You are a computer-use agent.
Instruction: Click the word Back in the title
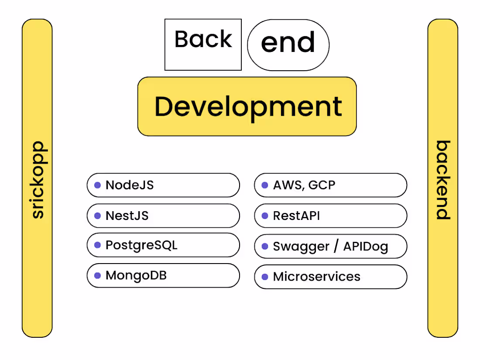[203, 40]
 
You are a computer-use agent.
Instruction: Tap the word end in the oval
[288, 43]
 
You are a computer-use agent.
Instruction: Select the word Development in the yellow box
[248, 106]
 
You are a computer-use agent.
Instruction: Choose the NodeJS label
[130, 185]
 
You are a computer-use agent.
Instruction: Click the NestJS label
[127, 216]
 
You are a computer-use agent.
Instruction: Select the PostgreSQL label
[141, 245]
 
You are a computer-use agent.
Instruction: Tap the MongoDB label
[136, 275]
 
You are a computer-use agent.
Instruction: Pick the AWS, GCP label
[304, 185]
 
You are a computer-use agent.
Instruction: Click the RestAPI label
[296, 216]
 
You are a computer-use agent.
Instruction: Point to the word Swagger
[301, 247]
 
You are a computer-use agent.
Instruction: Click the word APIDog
[365, 247]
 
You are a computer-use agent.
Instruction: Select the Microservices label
[317, 277]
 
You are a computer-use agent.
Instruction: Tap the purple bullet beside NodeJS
[97, 185]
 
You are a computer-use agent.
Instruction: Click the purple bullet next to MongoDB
[97, 276]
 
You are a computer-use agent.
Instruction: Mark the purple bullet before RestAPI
[265, 216]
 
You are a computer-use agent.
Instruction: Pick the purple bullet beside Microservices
[265, 277]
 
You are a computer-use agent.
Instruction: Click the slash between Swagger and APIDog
[336, 246]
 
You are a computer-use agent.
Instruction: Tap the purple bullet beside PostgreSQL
[97, 245]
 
